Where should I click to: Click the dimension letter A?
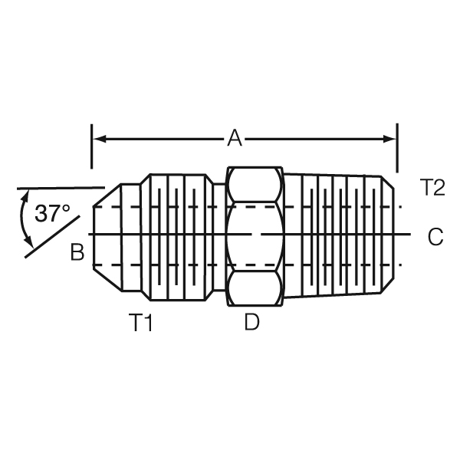[x=235, y=139]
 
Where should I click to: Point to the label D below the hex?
[x=251, y=322]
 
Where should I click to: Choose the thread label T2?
[x=432, y=187]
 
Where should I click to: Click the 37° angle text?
[x=52, y=214]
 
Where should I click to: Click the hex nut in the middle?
[x=255, y=236]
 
